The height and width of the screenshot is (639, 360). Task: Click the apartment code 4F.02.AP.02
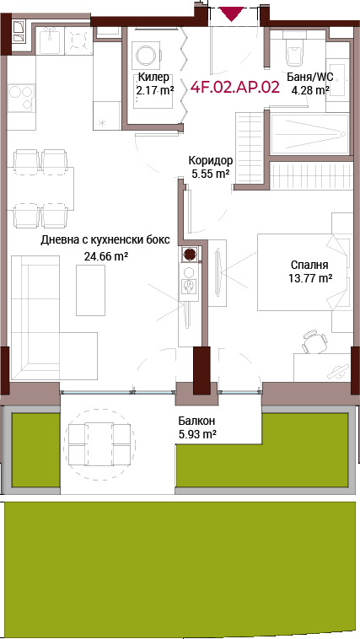coord(235,88)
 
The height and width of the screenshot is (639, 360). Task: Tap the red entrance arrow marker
coord(232,13)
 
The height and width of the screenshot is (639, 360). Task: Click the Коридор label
coord(211,160)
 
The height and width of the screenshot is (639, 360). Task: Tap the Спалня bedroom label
coord(310,266)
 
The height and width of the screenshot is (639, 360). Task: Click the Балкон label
coord(197,421)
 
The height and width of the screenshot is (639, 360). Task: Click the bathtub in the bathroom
coord(310,134)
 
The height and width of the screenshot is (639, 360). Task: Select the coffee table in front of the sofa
coord(90,290)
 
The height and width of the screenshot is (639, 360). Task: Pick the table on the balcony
coord(99,443)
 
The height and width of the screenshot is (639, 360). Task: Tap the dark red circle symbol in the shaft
coord(189,254)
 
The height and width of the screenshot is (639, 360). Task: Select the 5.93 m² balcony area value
coord(197,433)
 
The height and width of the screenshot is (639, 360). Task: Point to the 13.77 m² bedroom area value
coord(310,279)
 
